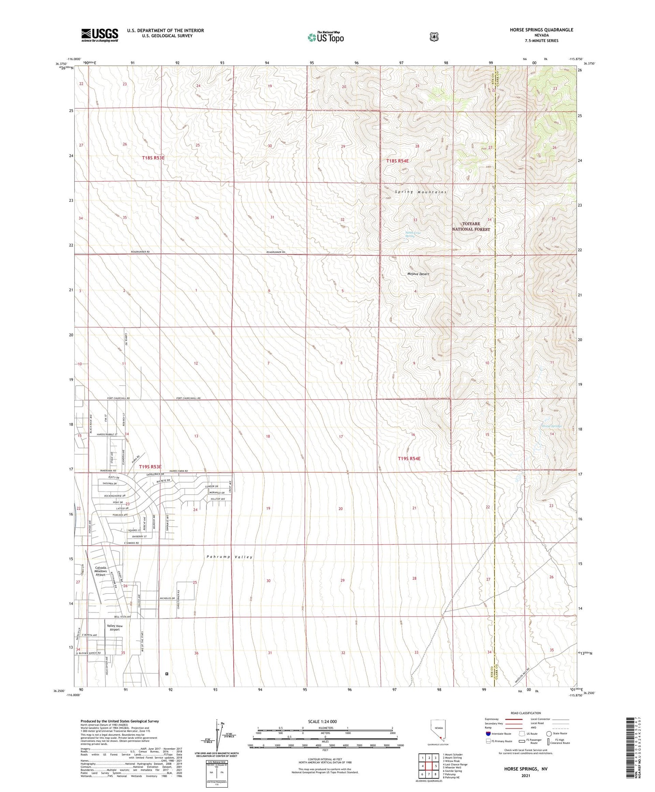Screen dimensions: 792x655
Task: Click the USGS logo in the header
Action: point(100,35)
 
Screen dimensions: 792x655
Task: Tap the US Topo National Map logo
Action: point(325,37)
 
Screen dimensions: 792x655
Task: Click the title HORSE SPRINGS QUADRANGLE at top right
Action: point(541,30)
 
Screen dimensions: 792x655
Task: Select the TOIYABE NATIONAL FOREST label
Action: point(471,226)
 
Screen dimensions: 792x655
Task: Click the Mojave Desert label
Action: point(418,274)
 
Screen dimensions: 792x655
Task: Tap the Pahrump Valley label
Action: point(230,557)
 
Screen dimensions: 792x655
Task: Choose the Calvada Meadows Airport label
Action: point(101,571)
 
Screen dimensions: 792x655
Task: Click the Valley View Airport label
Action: point(114,627)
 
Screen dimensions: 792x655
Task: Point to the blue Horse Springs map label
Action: point(551,426)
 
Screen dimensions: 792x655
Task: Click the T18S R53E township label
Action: point(153,158)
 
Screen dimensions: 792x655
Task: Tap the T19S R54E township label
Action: point(409,458)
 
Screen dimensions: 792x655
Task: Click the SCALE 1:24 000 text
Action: point(322,721)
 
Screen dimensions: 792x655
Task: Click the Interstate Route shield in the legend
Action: point(488,733)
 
